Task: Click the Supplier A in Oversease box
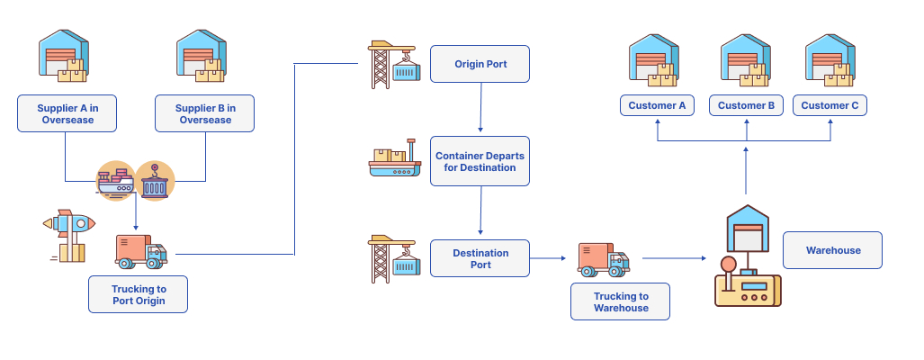[67, 114]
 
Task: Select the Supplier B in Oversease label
[205, 114]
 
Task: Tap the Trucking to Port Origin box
[139, 294]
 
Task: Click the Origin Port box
[480, 64]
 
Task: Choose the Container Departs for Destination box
[480, 161]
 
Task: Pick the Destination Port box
[480, 258]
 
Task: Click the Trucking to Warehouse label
[621, 301]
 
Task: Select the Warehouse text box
[832, 250]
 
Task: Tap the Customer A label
[657, 105]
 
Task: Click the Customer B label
[746, 105]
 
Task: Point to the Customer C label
[830, 105]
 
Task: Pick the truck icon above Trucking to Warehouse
[602, 259]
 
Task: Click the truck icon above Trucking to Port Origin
[140, 251]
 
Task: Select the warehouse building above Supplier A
[64, 56]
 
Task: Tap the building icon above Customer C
[830, 61]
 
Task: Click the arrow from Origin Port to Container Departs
[481, 108]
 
